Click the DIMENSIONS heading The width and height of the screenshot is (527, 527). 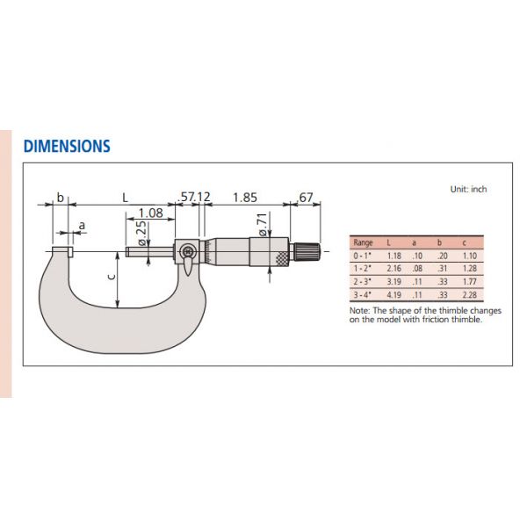pyautogui.click(x=66, y=146)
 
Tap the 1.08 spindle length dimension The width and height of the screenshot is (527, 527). pyautogui.click(x=151, y=213)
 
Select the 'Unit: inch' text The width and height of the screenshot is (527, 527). pyautogui.click(x=468, y=189)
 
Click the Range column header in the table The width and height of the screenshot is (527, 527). pyautogui.click(x=362, y=242)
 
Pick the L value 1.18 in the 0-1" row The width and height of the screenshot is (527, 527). pyautogui.click(x=392, y=254)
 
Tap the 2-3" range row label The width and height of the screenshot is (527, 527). pyautogui.click(x=362, y=281)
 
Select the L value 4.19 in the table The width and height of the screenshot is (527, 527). pyautogui.click(x=392, y=294)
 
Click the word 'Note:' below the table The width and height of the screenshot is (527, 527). pyautogui.click(x=359, y=310)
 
